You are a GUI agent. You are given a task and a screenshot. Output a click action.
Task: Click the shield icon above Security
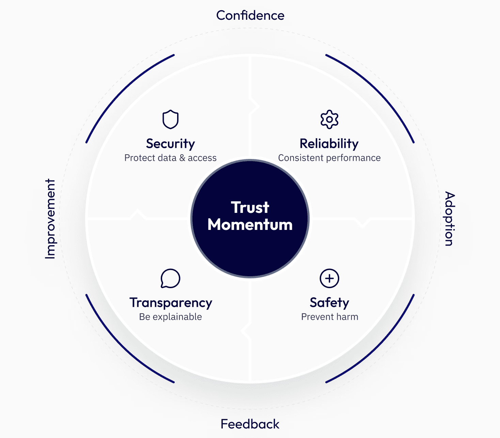pos(170,119)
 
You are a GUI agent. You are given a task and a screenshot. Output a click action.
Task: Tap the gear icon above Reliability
pos(329,119)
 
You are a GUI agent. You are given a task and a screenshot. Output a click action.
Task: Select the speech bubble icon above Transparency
pos(170,278)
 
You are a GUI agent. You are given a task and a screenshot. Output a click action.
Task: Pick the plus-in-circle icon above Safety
pos(329,278)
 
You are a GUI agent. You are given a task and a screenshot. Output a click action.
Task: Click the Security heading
pos(170,144)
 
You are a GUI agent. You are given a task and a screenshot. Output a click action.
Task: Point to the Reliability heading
pos(329,144)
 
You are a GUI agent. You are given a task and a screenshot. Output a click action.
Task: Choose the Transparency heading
pos(171,303)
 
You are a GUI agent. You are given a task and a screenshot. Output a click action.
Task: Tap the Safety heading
pos(329,303)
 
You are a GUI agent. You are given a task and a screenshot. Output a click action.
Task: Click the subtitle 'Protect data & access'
pos(170,158)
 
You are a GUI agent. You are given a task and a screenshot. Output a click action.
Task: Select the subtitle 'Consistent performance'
pos(329,158)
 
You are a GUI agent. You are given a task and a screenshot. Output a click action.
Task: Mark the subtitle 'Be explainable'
pos(170,317)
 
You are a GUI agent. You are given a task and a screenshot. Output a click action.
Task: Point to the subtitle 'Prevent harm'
pos(330,317)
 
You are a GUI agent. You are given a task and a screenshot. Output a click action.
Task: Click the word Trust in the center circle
pos(250,207)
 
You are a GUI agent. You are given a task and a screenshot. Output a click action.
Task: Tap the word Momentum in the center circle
pos(250,225)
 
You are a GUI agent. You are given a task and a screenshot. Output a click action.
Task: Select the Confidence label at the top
pos(250,15)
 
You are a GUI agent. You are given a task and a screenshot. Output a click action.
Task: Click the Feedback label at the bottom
pos(250,424)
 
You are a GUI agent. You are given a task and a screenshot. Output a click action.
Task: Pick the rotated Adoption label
pos(450,219)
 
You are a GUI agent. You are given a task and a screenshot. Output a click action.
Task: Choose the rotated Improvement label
pos(50,219)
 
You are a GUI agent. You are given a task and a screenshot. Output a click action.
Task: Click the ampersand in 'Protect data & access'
pos(182,158)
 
